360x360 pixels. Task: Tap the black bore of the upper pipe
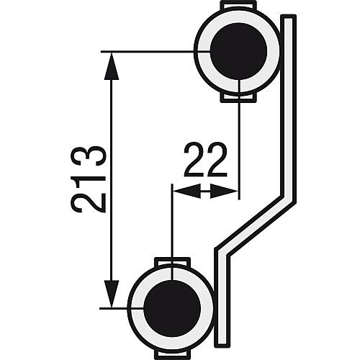238,50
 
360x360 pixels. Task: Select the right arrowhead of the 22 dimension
228,192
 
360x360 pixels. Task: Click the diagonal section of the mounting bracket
256,227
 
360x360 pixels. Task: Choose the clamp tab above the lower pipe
171,261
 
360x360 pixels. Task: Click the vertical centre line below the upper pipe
238,144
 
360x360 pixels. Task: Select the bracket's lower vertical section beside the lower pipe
222,302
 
